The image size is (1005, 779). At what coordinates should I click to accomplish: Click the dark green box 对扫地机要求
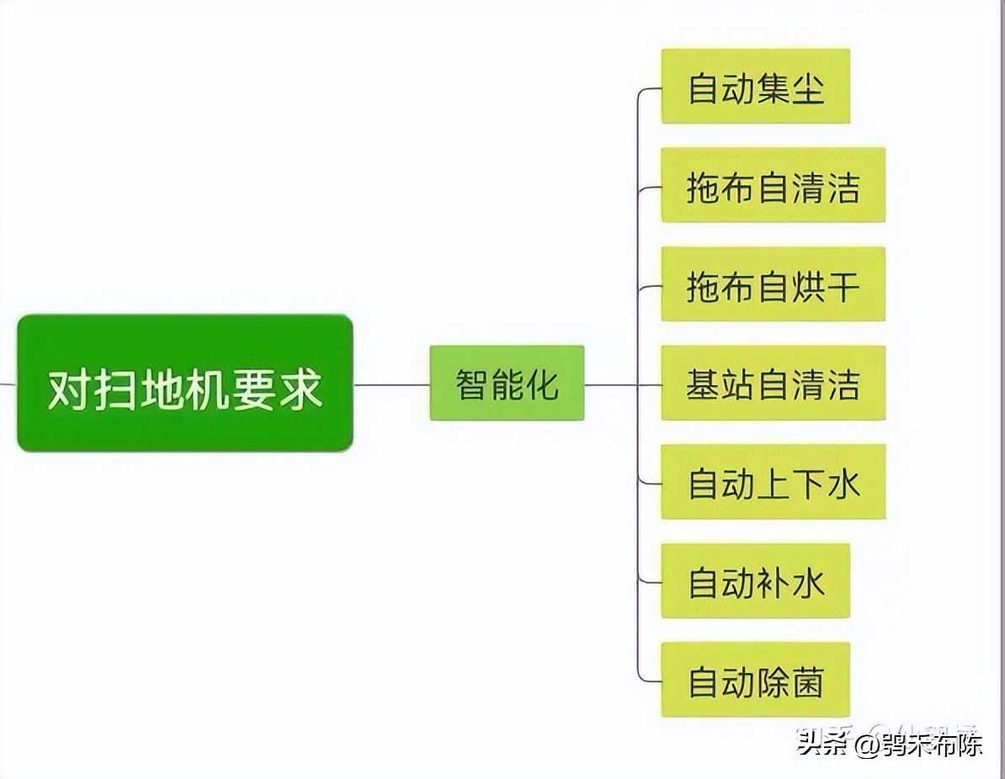[184, 383]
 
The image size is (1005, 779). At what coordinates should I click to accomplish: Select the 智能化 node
[507, 384]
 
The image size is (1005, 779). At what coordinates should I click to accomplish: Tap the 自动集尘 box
[755, 87]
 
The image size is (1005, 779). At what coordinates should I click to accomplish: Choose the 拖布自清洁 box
[773, 185]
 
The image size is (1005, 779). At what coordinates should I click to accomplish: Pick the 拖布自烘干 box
[773, 284]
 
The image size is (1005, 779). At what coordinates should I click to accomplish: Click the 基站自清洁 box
[773, 383]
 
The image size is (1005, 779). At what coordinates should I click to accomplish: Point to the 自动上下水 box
[773, 482]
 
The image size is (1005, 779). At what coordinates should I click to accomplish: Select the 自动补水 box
[755, 581]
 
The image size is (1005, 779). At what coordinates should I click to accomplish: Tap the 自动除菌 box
[755, 680]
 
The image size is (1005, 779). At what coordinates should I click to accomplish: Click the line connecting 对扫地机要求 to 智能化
[391, 384]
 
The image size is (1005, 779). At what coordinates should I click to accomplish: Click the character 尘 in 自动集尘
[808, 87]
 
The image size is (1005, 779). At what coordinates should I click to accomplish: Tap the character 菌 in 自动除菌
[808, 681]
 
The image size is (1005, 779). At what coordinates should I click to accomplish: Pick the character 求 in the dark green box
[300, 389]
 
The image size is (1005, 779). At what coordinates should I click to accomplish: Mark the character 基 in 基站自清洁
[704, 384]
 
